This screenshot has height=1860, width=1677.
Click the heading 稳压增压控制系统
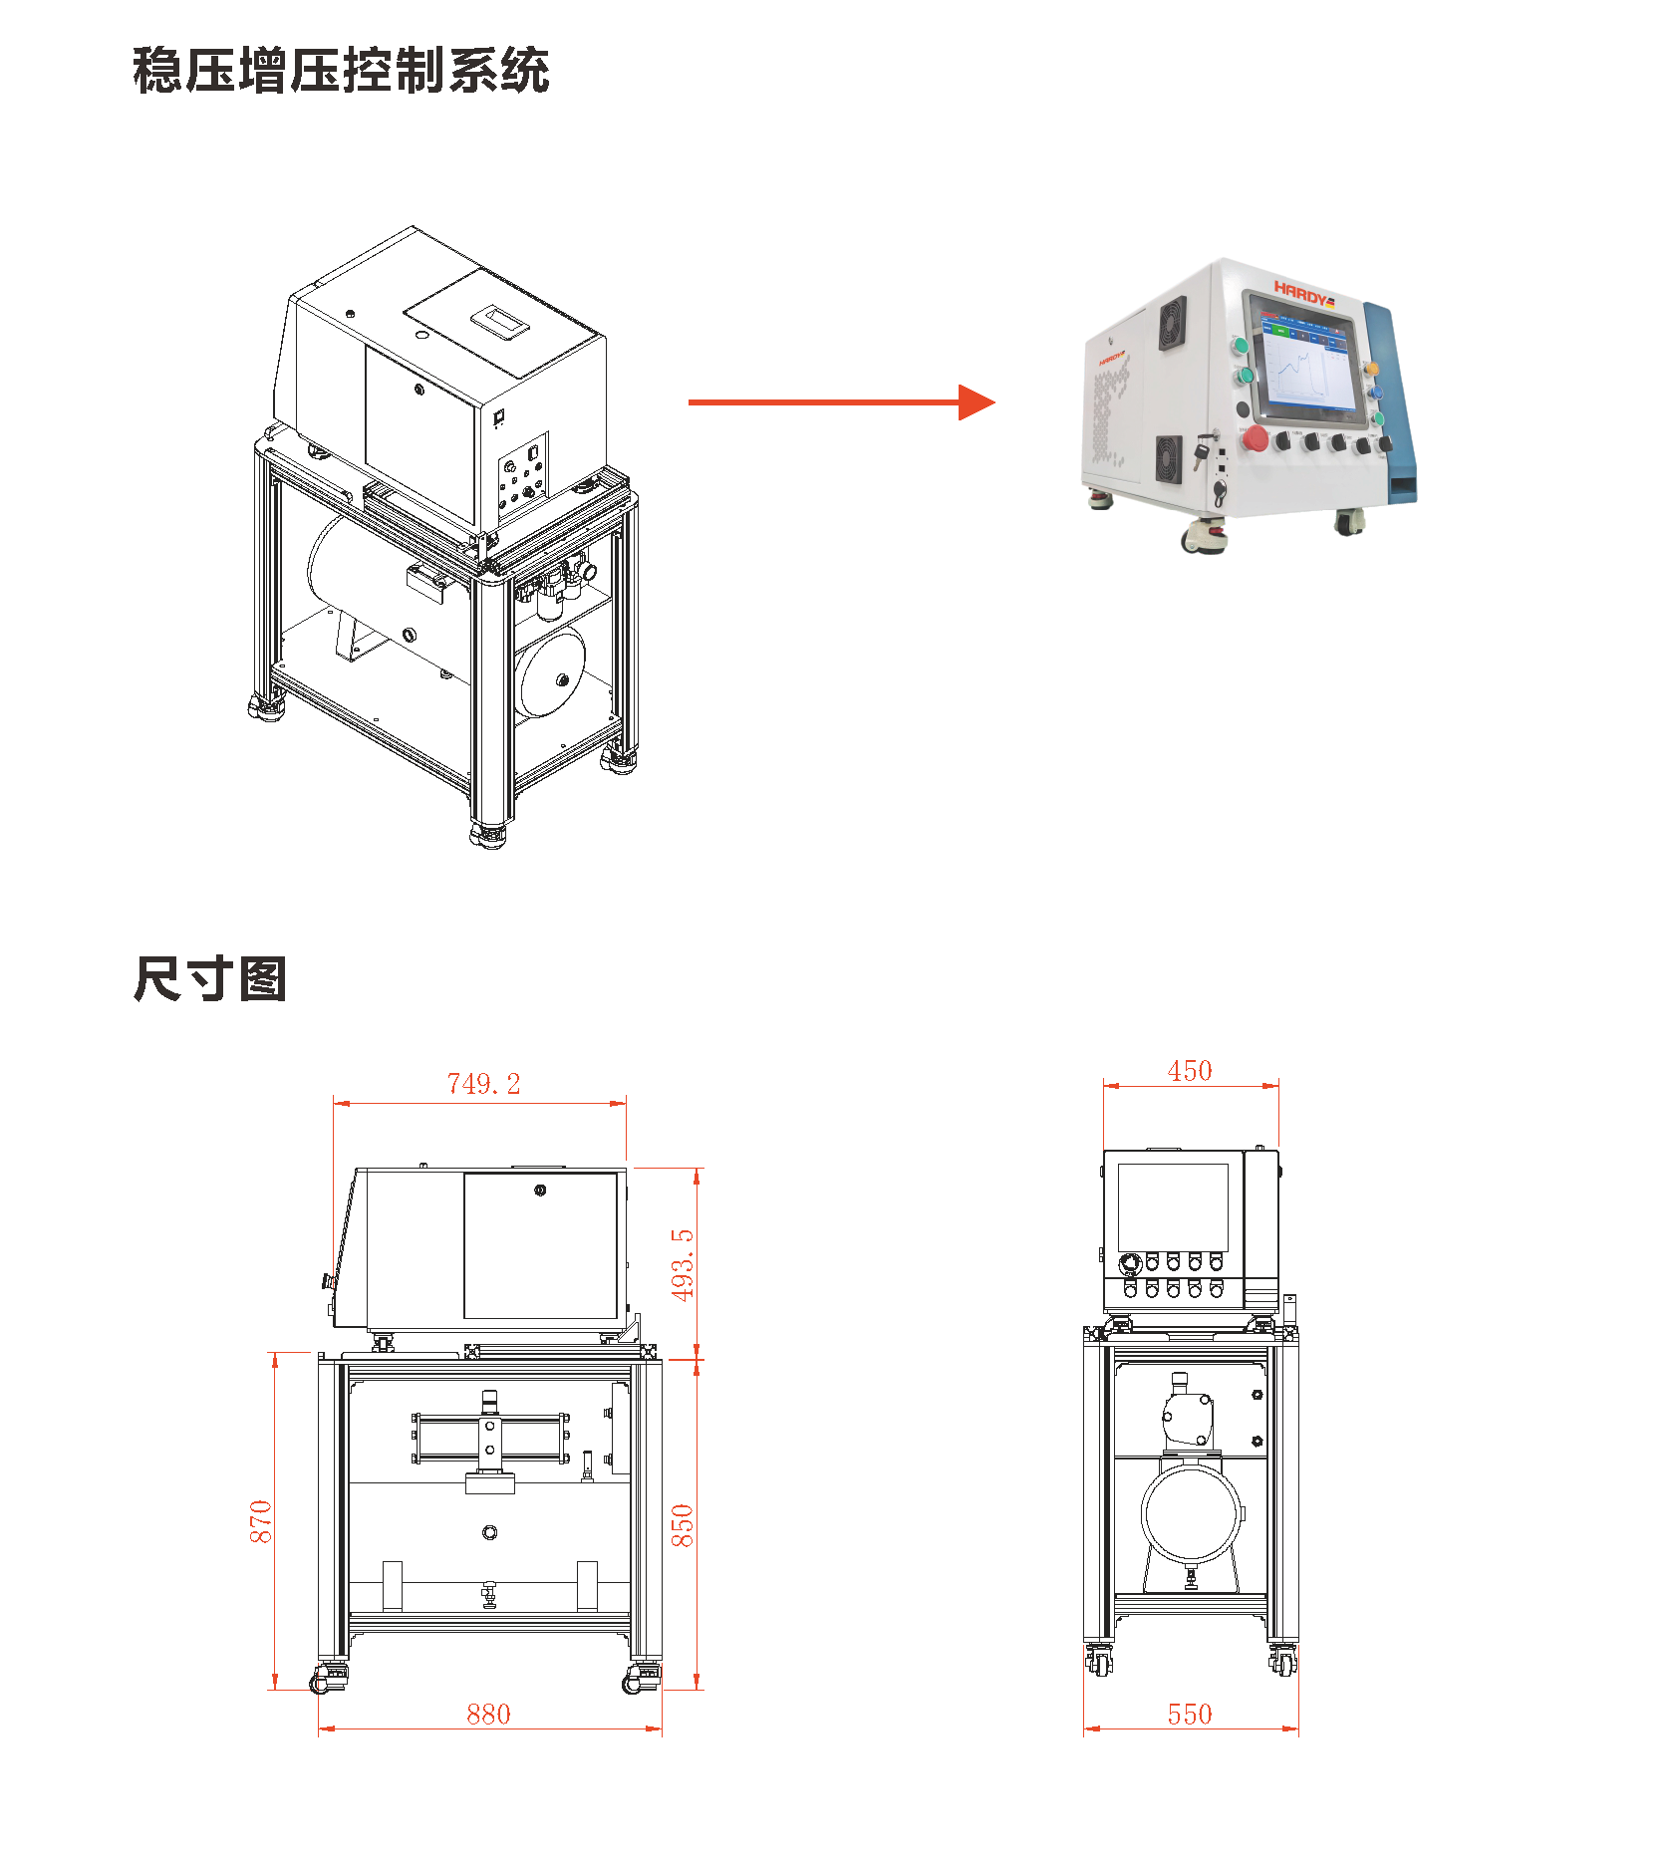coord(341,71)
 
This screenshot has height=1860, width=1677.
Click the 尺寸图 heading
coord(210,978)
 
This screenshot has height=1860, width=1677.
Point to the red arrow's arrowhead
coord(976,402)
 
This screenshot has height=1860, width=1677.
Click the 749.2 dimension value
coord(483,1084)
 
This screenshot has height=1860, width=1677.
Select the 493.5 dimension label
coord(682,1264)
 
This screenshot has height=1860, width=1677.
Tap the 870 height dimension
coord(260,1521)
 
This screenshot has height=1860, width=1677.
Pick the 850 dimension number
coord(682,1525)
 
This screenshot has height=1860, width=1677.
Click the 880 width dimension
coord(488,1714)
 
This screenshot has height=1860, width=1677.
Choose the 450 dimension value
coord(1190,1071)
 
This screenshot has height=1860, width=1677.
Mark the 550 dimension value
coord(1190,1714)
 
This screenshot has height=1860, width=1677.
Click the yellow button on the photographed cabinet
coord(1372,370)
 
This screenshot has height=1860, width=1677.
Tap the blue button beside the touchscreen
coord(1376,394)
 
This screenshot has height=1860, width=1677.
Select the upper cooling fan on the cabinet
coord(1172,323)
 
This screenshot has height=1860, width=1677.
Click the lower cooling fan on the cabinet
coord(1168,458)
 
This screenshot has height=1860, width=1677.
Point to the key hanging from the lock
coord(1200,455)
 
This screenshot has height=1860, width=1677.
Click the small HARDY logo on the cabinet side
coord(1112,357)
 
